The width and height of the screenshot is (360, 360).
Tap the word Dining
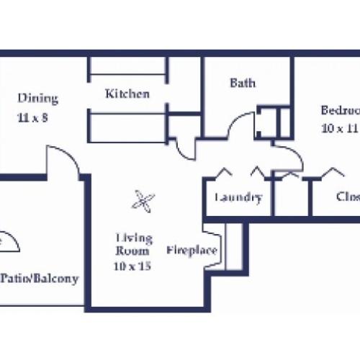(38, 99)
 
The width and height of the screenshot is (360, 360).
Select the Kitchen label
(127, 94)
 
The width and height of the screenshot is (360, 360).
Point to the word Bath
(242, 83)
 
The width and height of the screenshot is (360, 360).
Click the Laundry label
(238, 198)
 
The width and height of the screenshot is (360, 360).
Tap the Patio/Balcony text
(40, 279)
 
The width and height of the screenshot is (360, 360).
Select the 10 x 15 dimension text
(132, 266)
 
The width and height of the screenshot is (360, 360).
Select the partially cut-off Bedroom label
(340, 111)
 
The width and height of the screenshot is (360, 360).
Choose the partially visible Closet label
(347, 197)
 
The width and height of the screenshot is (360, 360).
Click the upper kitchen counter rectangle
(128, 67)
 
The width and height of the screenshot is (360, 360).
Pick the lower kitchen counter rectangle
(128, 127)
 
